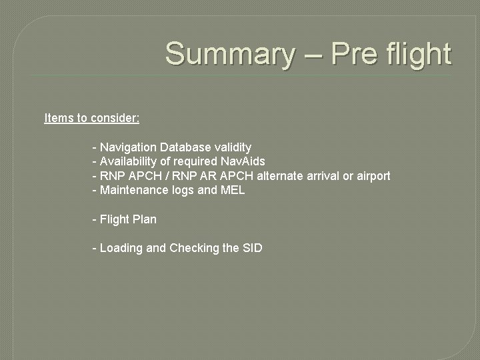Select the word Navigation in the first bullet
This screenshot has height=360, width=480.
point(128,147)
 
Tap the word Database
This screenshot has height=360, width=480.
point(185,147)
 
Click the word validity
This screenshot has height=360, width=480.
point(233,147)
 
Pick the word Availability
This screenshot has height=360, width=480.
point(128,161)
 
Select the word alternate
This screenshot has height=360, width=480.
point(281,176)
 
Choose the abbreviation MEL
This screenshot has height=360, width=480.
point(233,190)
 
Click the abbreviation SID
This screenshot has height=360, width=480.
point(253,248)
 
